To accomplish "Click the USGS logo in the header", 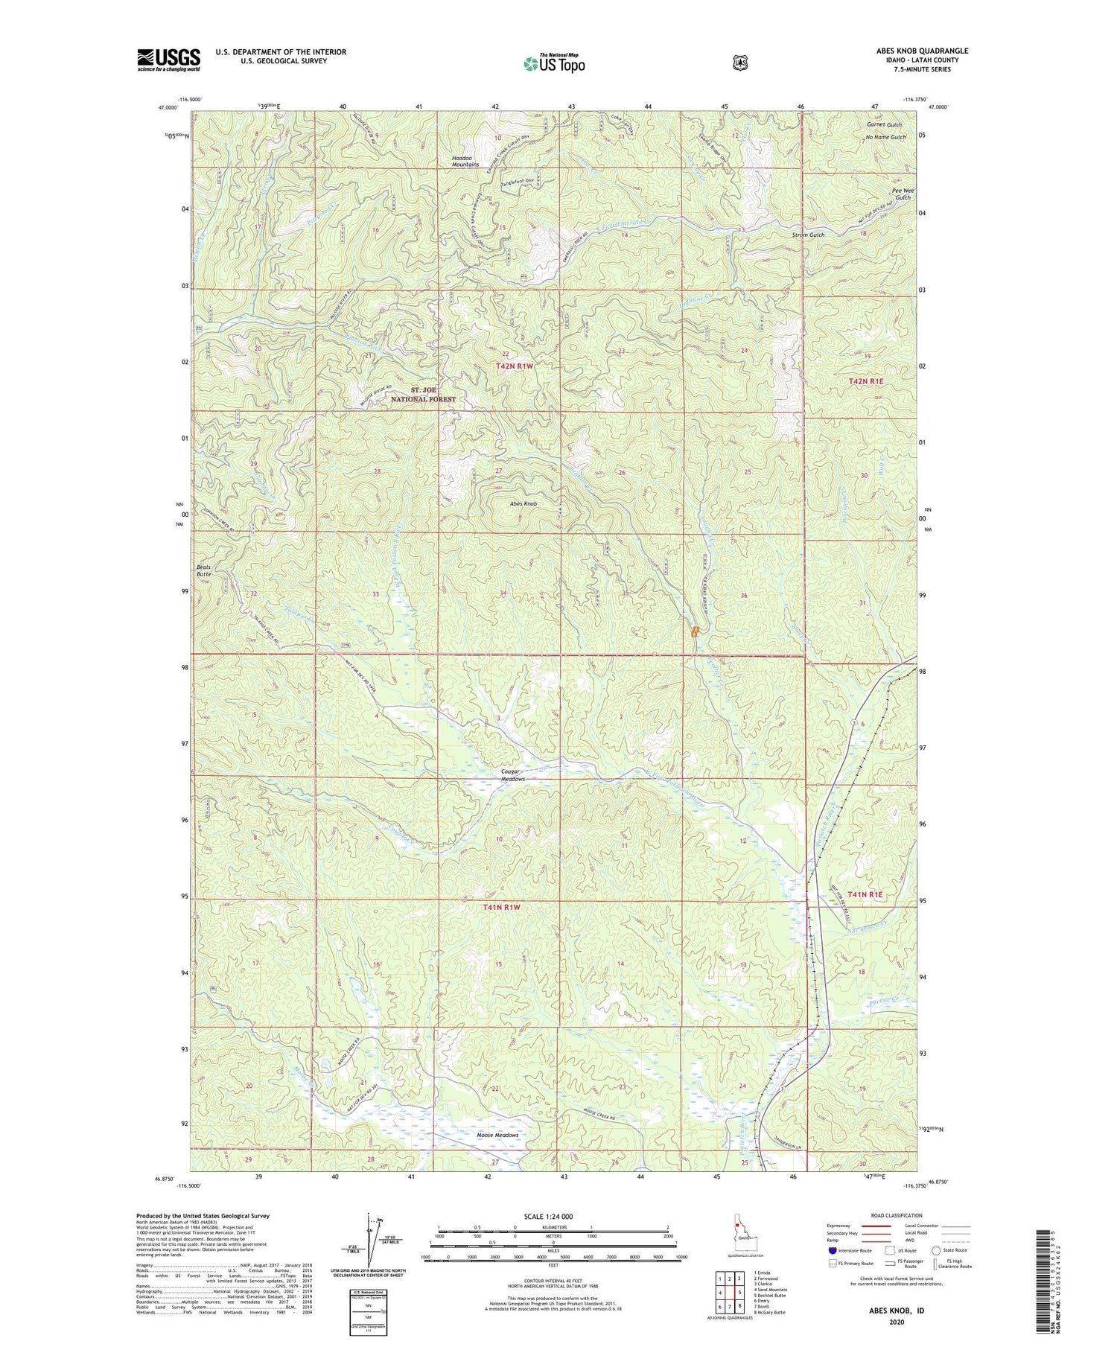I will pos(168,60).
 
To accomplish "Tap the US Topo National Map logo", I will pos(554,63).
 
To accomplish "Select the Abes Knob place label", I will pos(524,504).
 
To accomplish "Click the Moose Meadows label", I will pos(497,1136).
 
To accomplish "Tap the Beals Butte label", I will pos(204,570).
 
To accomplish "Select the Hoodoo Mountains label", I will pos(465,161).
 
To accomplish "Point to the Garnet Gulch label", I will pos(883,125).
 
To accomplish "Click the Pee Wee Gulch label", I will pos(902,194).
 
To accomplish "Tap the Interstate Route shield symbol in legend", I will pos(832,1250).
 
